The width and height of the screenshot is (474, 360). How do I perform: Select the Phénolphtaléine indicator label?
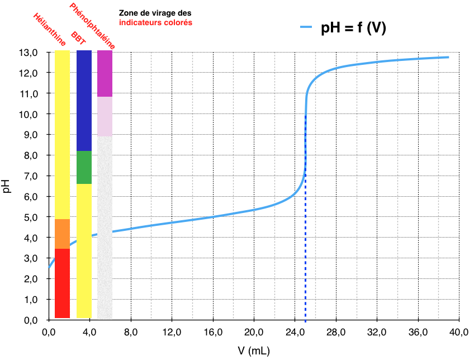93,25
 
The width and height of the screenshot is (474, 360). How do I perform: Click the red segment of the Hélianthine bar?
62,283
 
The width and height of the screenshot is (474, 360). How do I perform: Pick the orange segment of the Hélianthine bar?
62,234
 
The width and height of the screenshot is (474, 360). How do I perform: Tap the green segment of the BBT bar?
84,167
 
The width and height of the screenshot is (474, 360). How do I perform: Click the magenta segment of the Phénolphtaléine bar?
105,73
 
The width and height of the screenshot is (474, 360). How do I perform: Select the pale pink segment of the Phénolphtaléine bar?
105,116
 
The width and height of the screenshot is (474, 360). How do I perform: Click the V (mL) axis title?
254,350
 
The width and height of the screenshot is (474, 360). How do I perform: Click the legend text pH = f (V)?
353,28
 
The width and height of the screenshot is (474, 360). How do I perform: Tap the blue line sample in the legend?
308,27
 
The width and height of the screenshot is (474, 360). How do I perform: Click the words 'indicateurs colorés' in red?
155,23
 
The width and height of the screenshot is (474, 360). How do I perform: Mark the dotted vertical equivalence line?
305,252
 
